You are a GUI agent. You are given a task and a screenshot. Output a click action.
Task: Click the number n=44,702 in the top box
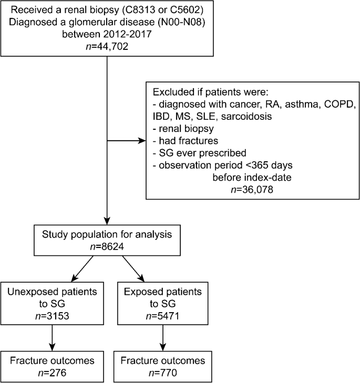click(107, 46)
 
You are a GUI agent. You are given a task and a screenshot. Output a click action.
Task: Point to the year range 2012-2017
click(138, 34)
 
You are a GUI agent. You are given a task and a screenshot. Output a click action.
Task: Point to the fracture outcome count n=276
click(52, 374)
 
